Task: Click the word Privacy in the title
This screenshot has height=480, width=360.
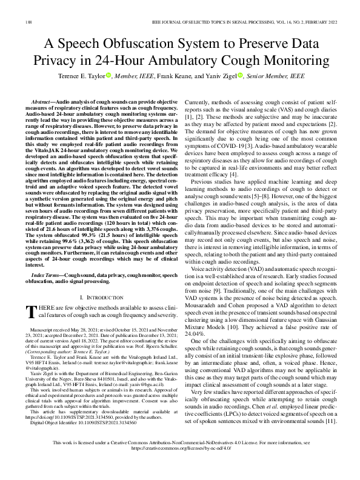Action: tap(64, 62)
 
